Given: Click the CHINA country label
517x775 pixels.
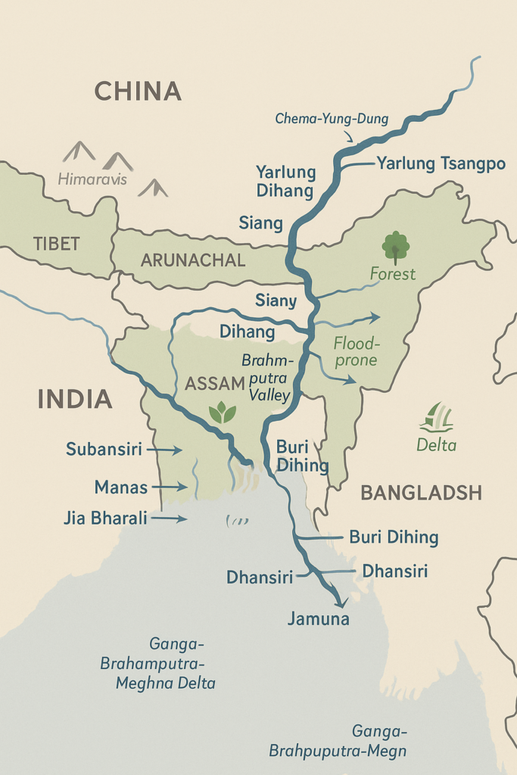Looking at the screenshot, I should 138,92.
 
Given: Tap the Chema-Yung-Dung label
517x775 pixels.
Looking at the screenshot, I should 332,119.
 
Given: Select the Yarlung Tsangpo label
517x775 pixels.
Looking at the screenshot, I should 441,163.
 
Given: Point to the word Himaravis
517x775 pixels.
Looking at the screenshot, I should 93,180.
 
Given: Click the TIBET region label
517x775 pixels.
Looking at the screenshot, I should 56,243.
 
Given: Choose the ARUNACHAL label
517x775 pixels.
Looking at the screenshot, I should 193,260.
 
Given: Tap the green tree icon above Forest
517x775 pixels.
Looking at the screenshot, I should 395,247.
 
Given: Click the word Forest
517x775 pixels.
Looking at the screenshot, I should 393,274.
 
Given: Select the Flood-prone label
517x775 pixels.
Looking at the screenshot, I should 356,351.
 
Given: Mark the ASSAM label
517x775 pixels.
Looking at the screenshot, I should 215,383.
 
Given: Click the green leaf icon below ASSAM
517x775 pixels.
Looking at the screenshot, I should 222,412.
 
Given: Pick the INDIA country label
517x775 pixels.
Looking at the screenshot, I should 75,400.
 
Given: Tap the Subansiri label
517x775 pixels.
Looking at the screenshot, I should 104,450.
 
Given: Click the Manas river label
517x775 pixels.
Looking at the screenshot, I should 121,487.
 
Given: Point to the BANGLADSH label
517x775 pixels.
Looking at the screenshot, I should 421,493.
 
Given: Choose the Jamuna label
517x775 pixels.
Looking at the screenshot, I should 318,619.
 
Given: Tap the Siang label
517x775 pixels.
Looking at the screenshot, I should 260,223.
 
